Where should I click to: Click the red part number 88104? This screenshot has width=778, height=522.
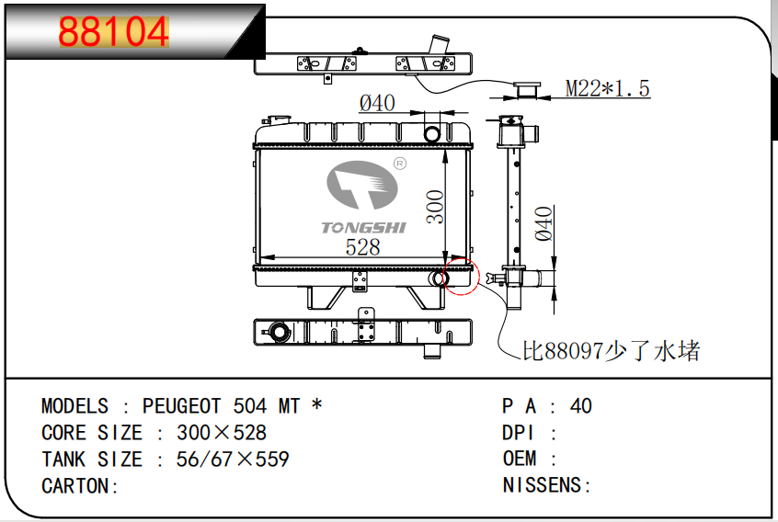click(x=114, y=32)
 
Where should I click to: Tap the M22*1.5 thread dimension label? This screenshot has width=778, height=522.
click(x=607, y=89)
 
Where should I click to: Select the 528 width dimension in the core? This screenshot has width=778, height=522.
click(x=362, y=247)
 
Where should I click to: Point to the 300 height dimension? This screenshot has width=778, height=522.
click(x=435, y=207)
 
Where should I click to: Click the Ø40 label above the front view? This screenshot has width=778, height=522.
click(x=377, y=103)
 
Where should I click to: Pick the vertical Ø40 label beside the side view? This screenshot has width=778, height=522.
click(x=543, y=223)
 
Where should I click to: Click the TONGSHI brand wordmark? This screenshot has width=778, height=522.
click(x=363, y=228)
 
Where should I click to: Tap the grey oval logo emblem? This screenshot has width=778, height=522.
click(x=361, y=185)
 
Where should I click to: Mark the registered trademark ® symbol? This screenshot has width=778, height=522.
click(x=399, y=164)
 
